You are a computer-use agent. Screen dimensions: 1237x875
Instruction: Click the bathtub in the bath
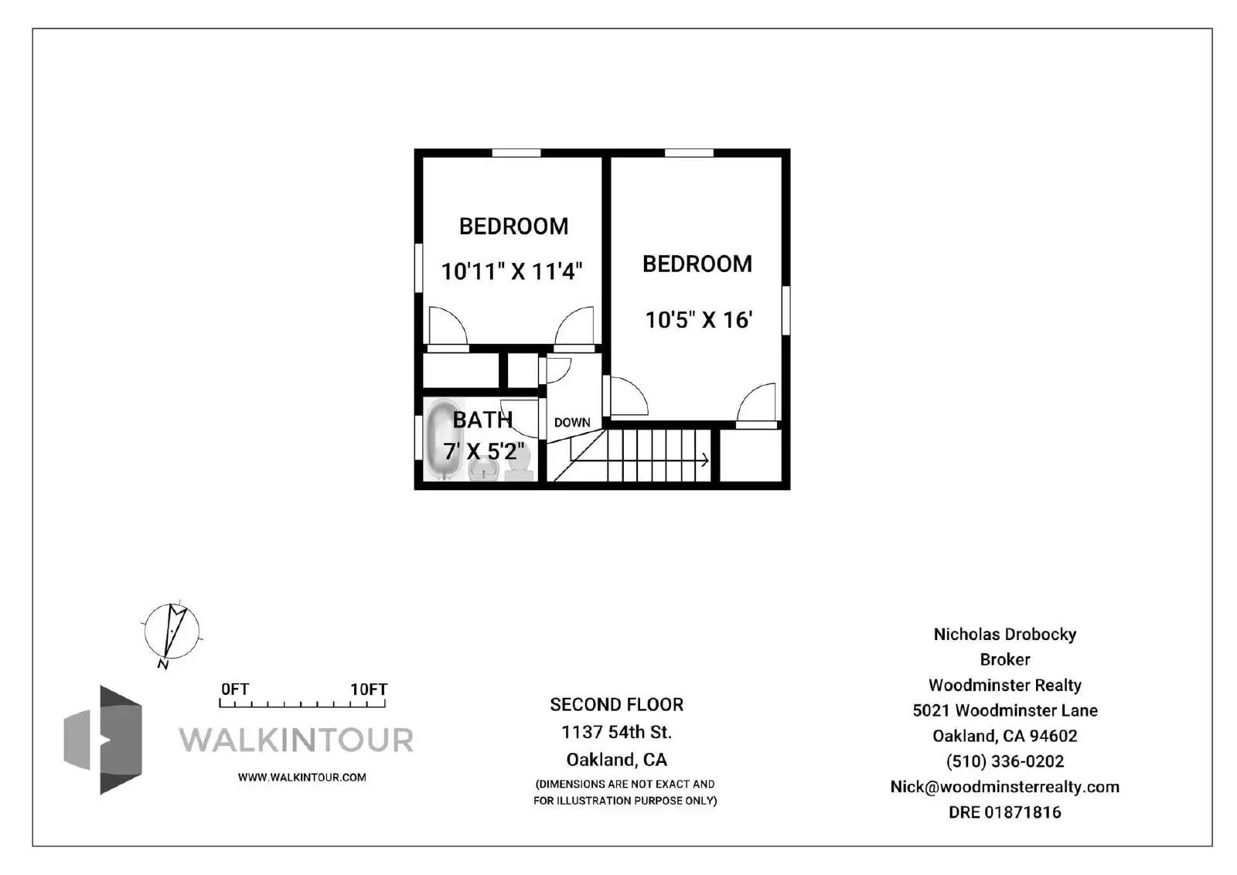point(444,439)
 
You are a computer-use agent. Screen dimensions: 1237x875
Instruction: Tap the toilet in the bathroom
point(520,465)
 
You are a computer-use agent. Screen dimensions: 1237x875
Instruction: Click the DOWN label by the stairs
point(572,422)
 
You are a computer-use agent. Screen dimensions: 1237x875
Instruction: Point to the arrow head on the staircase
point(705,459)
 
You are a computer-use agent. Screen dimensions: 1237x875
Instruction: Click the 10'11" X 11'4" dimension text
point(511,271)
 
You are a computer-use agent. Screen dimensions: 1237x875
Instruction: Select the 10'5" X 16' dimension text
point(699,320)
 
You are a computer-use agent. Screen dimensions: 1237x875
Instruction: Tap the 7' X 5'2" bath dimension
point(483,451)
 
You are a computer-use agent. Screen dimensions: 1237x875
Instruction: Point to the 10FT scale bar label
point(369,689)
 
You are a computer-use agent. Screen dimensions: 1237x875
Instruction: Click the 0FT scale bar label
point(235,689)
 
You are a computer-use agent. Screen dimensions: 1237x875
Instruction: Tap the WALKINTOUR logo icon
point(104,740)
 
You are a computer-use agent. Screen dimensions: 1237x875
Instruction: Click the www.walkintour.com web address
point(302,778)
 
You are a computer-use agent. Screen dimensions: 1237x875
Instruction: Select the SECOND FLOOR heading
point(617,705)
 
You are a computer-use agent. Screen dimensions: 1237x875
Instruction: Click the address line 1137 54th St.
point(617,732)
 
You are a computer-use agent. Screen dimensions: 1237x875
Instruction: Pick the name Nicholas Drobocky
point(1005,635)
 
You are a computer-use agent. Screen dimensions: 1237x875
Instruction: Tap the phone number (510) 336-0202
point(1005,761)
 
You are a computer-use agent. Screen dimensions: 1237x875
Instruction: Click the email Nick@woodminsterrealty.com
point(1005,787)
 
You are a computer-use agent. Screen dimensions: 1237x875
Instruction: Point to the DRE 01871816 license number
point(1005,812)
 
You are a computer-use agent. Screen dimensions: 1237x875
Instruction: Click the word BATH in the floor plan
point(482,420)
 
